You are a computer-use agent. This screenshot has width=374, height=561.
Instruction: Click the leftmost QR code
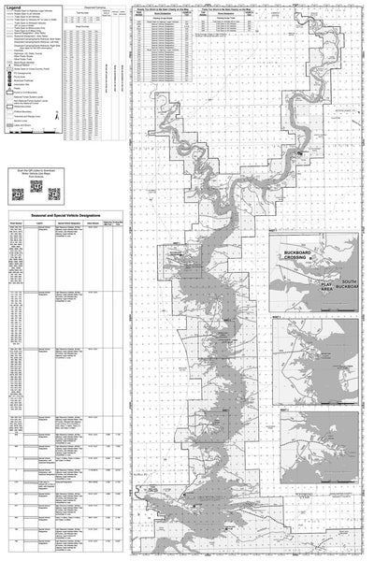click(18, 194)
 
